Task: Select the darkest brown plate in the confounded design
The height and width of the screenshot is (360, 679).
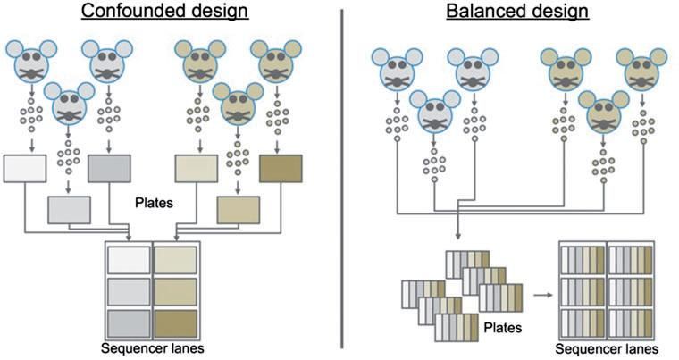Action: pyautogui.click(x=281, y=167)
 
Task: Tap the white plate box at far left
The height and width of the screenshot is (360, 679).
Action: pyautogui.click(x=25, y=167)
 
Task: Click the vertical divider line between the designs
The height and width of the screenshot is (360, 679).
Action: pyautogui.click(x=343, y=179)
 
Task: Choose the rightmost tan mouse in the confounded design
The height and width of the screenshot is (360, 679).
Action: pyautogui.click(x=272, y=60)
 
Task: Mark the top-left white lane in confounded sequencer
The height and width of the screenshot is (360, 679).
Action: pyautogui.click(x=129, y=259)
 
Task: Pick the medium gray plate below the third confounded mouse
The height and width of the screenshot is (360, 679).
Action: pyautogui.click(x=110, y=167)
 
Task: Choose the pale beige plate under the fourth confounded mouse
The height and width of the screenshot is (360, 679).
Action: pyautogui.click(x=196, y=167)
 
